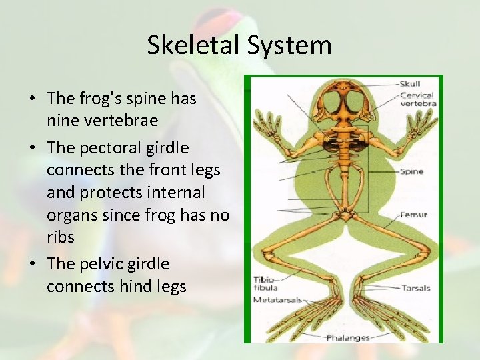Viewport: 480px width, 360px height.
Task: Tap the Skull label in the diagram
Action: pyautogui.click(x=410, y=84)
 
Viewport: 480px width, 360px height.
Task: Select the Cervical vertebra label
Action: pyautogui.click(x=417, y=99)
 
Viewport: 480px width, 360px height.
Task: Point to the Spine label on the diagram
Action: pyautogui.click(x=411, y=171)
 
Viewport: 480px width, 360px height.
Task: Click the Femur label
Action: pyautogui.click(x=413, y=215)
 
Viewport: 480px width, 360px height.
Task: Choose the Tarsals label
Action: pyautogui.click(x=416, y=288)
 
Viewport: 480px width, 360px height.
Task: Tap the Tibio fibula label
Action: pyautogui.click(x=263, y=283)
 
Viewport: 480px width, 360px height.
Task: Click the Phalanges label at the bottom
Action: pyautogui.click(x=348, y=338)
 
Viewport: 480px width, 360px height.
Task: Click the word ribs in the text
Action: pyautogui.click(x=61, y=237)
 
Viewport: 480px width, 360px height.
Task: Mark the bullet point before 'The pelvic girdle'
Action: pyautogui.click(x=33, y=264)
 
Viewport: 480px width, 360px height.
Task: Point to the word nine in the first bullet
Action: pyautogui.click(x=61, y=121)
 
